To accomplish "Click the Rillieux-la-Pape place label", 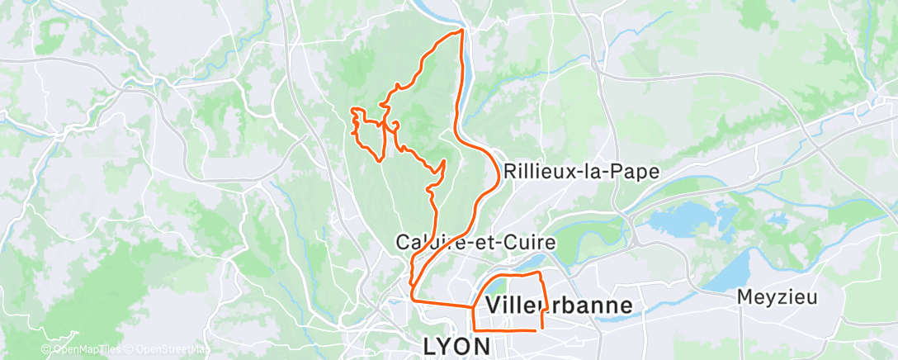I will tap(581, 173).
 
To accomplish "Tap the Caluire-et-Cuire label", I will tap(476, 244).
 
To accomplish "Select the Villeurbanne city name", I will tap(560, 306).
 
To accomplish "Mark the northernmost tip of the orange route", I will tap(461, 31).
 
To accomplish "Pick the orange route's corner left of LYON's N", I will tap(473, 330).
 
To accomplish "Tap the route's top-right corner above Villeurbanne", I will tap(539, 272).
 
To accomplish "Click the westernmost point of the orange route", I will tap(352, 110).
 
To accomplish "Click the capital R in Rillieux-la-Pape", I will tap(509, 173).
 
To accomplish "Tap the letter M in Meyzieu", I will tap(744, 297).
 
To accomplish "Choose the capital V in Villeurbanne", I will tap(494, 306).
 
